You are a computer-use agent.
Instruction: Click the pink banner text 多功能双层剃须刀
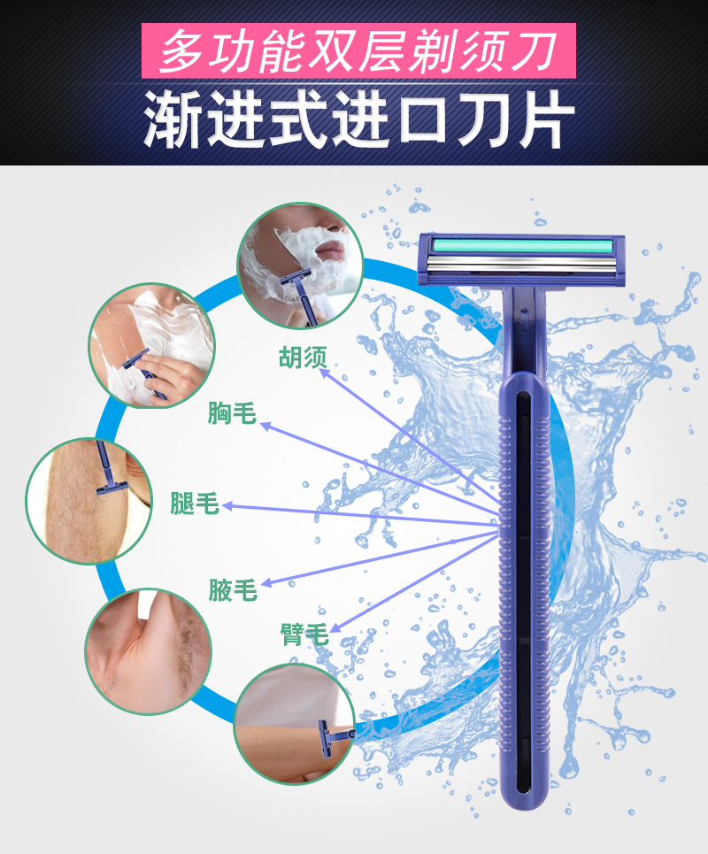pyautogui.click(x=358, y=51)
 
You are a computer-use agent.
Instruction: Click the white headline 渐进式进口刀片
pyautogui.click(x=359, y=119)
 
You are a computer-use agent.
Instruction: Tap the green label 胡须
pyautogui.click(x=303, y=358)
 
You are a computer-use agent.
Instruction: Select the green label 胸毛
pyautogui.click(x=232, y=412)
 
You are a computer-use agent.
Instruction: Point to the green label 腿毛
pyautogui.click(x=195, y=503)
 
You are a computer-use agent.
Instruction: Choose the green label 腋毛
pyautogui.click(x=233, y=590)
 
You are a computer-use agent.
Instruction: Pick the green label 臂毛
pyautogui.click(x=304, y=634)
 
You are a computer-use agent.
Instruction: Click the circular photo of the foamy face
pyautogui.click(x=300, y=265)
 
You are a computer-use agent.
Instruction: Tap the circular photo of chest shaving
pyautogui.click(x=152, y=345)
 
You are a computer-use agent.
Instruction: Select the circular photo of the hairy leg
pyautogui.click(x=88, y=501)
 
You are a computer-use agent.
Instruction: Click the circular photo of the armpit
pyautogui.click(x=148, y=650)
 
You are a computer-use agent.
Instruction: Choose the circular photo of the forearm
pyautogui.click(x=294, y=725)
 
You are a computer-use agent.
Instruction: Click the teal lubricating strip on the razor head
pyautogui.click(x=521, y=245)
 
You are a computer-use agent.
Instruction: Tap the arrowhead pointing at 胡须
pyautogui.click(x=324, y=373)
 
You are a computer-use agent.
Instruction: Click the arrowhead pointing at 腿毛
pyautogui.click(x=227, y=506)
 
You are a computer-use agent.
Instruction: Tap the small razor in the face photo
pyautogui.click(x=299, y=296)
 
